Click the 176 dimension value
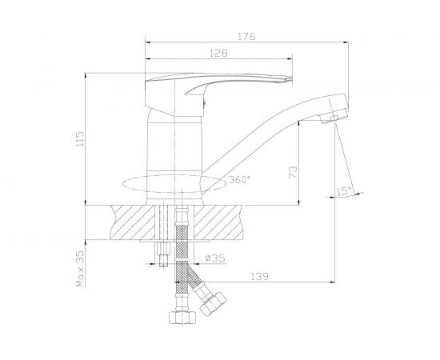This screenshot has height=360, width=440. (x=246, y=37)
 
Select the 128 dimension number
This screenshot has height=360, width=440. (x=218, y=53)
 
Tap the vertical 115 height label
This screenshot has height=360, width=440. (x=80, y=138)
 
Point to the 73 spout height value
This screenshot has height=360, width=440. (x=293, y=172)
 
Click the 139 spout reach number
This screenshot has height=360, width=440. (x=259, y=276)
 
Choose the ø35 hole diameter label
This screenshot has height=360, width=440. (x=215, y=258)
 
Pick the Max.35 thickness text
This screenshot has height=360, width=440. (x=80, y=269)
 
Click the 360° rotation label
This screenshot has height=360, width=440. (x=239, y=179)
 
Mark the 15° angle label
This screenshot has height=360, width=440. (x=344, y=191)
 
